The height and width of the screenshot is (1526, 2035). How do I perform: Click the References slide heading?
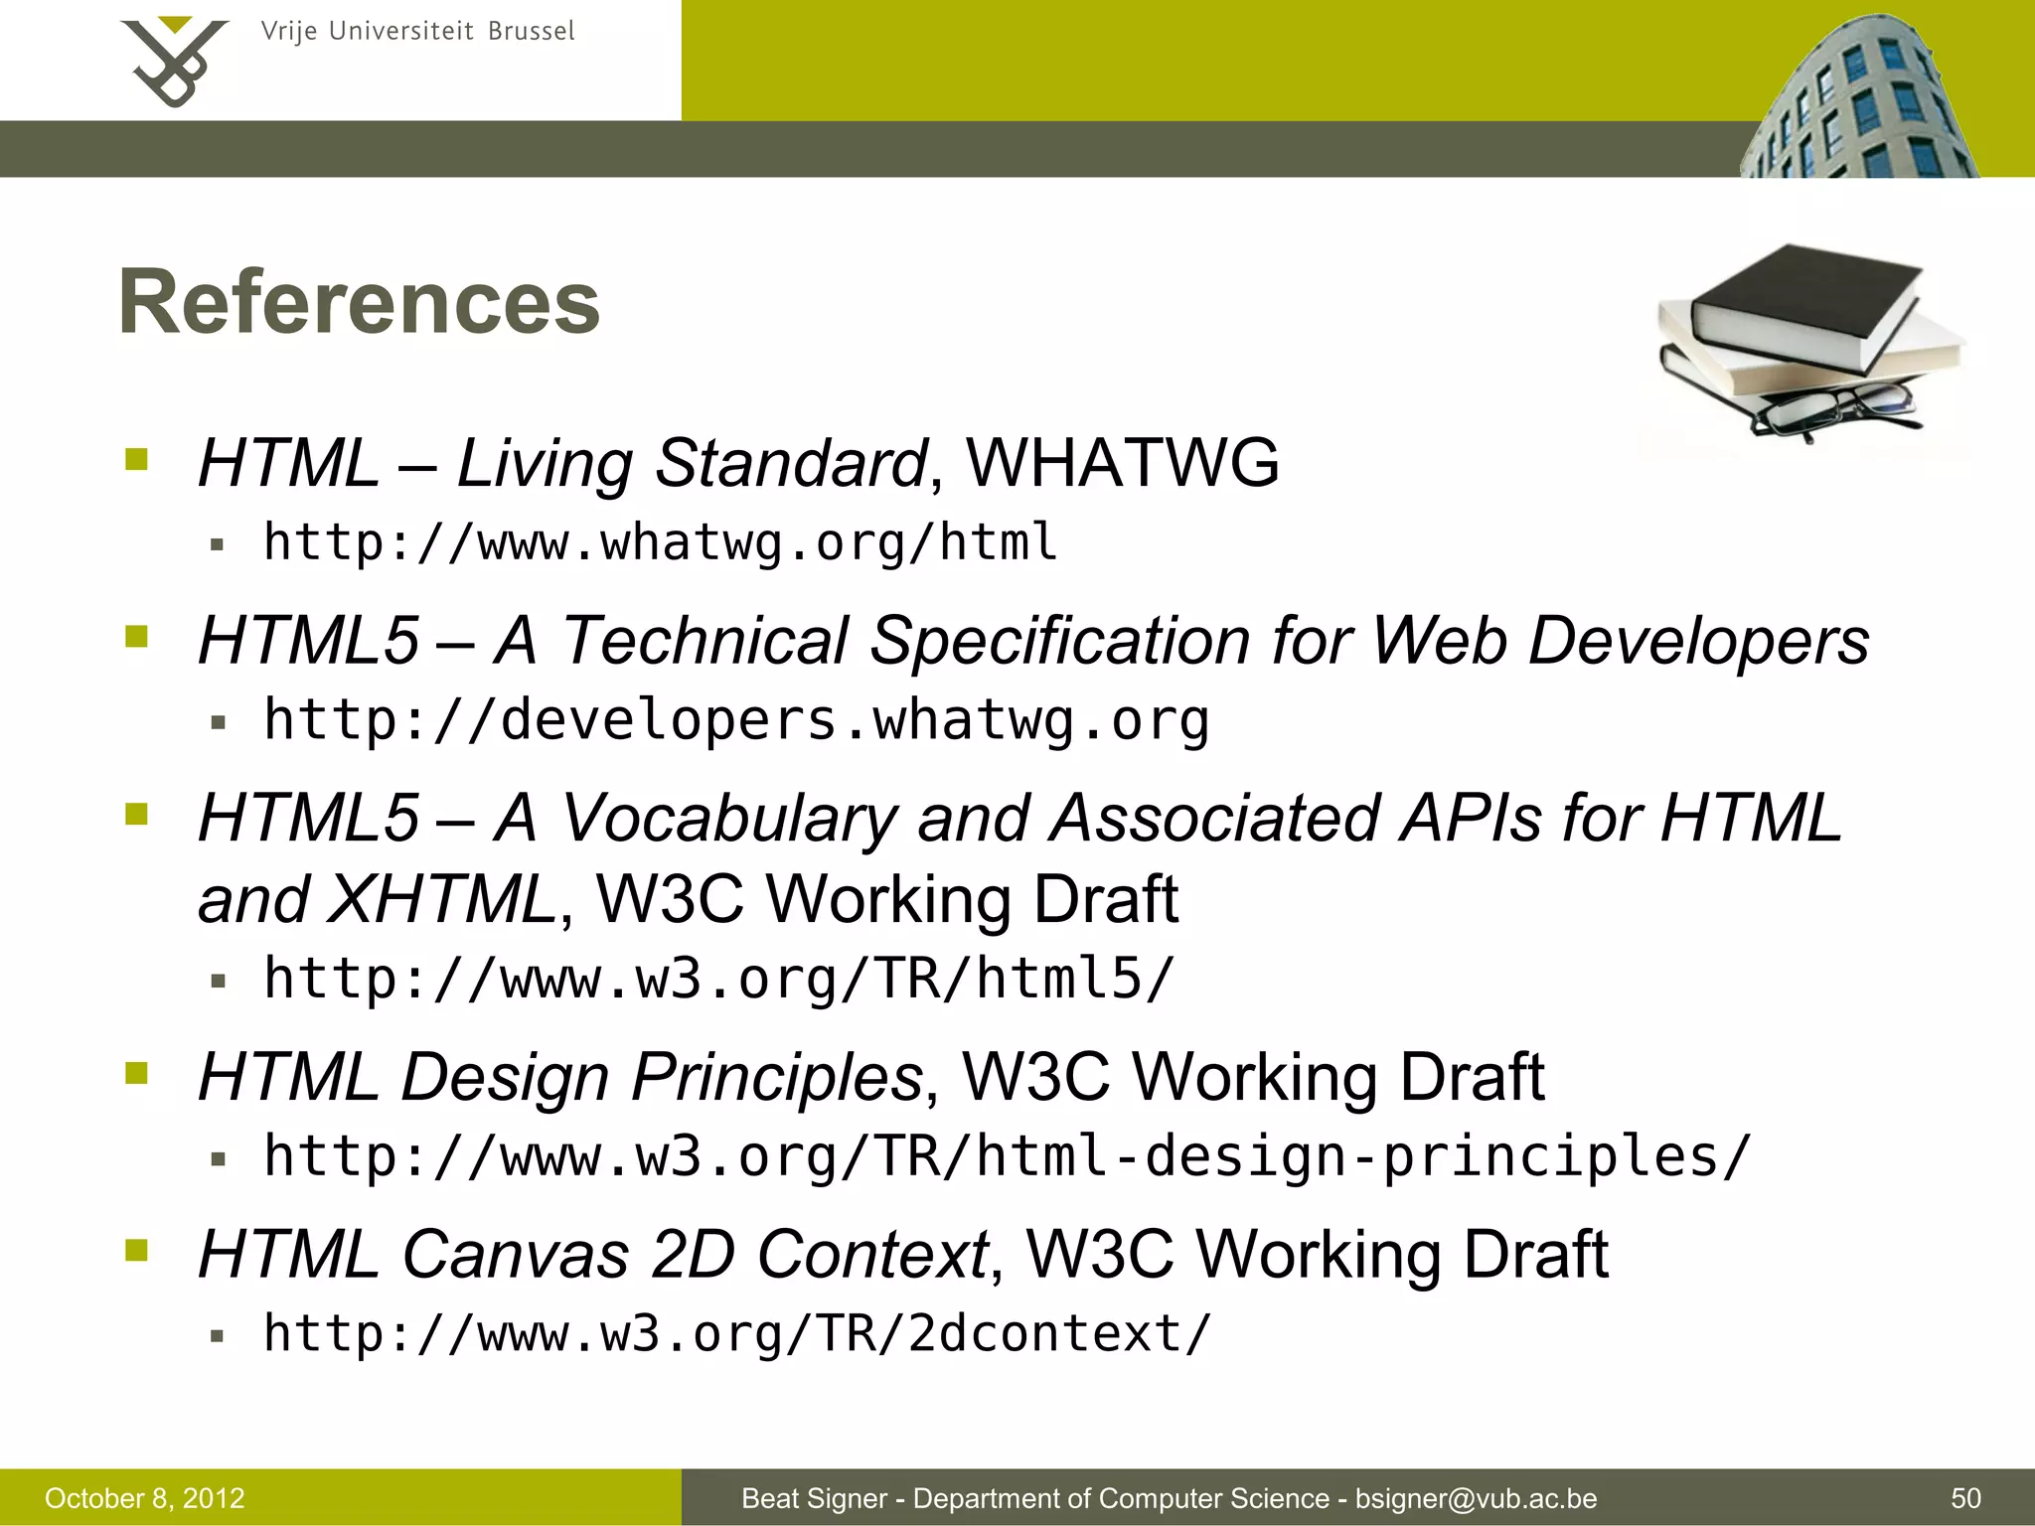[x=359, y=302]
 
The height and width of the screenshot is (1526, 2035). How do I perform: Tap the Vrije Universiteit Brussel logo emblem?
[x=174, y=62]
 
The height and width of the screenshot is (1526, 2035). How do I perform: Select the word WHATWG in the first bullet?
[x=1123, y=463]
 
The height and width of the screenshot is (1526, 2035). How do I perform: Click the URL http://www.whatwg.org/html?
[x=660, y=543]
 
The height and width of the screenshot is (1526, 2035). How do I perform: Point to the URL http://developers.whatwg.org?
[x=736, y=720]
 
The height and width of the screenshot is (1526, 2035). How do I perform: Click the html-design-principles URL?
[x=1006, y=1156]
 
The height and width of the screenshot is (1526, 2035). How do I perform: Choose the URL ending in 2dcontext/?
[x=737, y=1333]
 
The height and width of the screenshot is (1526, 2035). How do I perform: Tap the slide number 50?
[x=1965, y=1498]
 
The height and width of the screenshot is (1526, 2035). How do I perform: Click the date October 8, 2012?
[x=145, y=1498]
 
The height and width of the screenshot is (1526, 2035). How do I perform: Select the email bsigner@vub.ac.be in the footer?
[x=1476, y=1498]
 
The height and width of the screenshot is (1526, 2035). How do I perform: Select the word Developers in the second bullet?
[x=1698, y=641]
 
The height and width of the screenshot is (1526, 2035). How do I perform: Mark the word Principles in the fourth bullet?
[x=777, y=1077]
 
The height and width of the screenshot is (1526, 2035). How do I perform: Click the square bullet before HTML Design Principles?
[x=136, y=1073]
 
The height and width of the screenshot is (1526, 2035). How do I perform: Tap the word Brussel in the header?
[x=531, y=32]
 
